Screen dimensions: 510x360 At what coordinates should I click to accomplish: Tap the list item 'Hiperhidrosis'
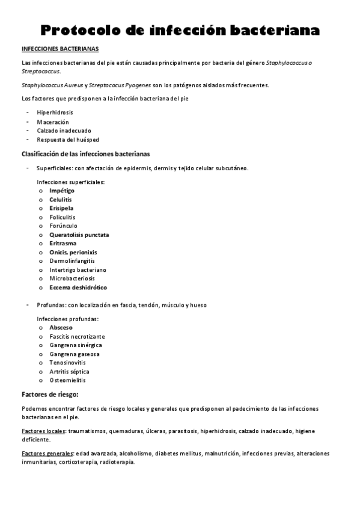[55, 112]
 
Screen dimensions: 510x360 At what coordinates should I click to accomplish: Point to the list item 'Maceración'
[53, 121]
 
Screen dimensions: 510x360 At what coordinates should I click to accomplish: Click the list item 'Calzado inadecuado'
[64, 131]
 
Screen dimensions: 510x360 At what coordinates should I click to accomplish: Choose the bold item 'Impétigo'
[62, 191]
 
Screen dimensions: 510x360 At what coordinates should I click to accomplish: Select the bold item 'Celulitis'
[61, 199]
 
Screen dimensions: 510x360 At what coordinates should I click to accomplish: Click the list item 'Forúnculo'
[63, 226]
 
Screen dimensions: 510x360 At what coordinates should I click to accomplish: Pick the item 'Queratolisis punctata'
[79, 235]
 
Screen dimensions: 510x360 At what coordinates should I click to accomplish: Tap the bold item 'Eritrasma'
[63, 244]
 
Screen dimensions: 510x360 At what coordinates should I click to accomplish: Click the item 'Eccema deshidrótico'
[78, 287]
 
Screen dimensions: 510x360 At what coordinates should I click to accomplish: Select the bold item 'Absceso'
[61, 328]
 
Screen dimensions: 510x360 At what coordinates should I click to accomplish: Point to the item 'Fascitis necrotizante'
[77, 337]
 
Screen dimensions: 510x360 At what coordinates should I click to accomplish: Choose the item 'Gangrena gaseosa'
[75, 354]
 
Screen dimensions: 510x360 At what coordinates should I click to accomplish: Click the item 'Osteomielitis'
[67, 380]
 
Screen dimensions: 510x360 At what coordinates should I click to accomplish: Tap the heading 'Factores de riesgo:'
[50, 395]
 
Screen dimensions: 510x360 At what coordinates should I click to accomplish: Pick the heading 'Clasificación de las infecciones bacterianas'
[86, 154]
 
